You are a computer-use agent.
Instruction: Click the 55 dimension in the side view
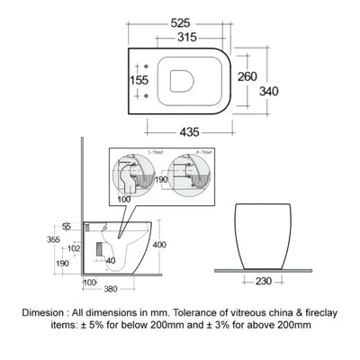[67, 226]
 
